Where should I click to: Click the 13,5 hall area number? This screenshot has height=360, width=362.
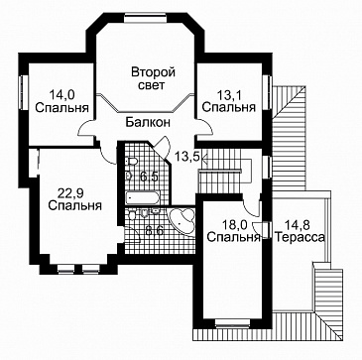188,156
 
